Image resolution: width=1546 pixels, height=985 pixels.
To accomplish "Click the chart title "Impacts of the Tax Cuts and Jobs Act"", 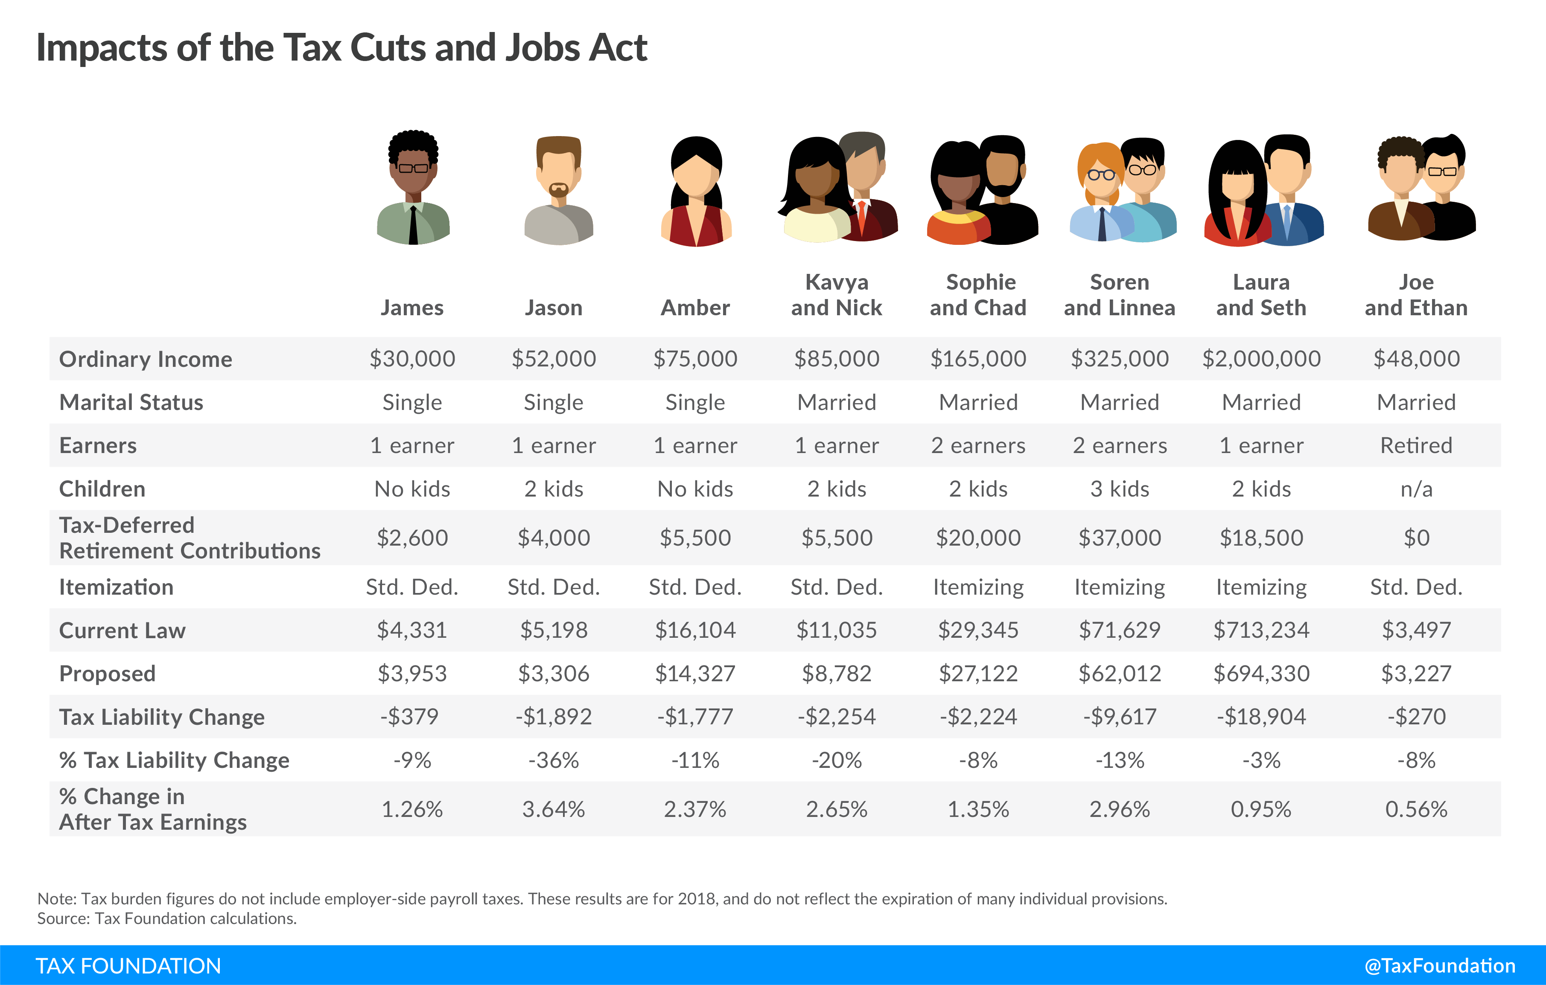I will pos(341,48).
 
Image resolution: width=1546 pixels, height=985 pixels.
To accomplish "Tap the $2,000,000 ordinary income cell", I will pos(1261,359).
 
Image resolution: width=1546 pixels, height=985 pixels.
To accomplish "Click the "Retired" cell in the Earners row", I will pos(1416,445).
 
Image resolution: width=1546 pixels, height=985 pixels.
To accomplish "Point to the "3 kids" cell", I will pos(1119,489).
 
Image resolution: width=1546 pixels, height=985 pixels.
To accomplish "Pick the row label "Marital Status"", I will pos(131,402).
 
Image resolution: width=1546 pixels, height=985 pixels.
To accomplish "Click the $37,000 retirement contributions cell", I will pos(1119,538).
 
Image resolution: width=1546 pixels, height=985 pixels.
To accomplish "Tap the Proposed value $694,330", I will pos(1261,673).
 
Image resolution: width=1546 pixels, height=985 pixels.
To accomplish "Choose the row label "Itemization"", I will pos(116,587).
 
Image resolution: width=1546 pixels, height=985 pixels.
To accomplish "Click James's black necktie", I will pos(414,224).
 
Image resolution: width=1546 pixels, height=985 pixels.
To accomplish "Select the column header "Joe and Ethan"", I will pos(1416,295).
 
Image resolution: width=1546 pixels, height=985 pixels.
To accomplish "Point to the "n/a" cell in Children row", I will pos(1416,489).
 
